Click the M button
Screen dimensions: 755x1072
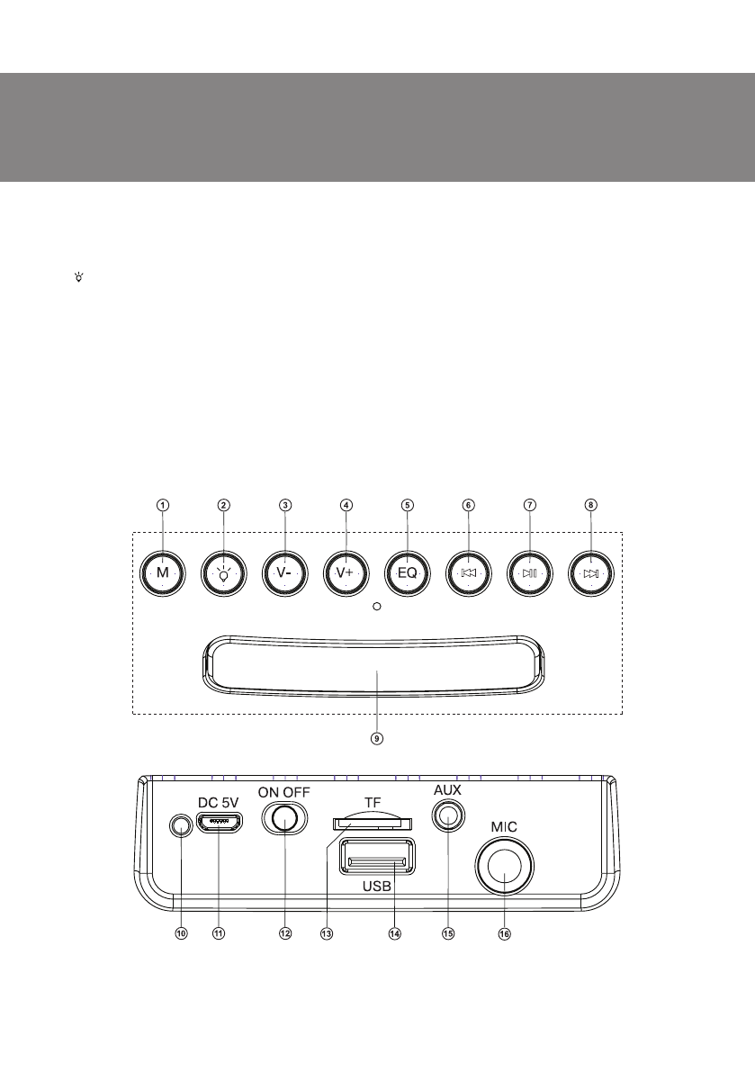[x=162, y=572]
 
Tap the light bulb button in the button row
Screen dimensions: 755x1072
[x=223, y=572]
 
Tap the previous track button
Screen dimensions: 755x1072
[x=469, y=572]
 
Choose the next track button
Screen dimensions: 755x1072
[x=590, y=572]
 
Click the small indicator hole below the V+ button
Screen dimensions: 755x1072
[x=378, y=607]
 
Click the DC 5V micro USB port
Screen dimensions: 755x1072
[x=219, y=823]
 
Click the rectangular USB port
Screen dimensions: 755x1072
[x=377, y=857]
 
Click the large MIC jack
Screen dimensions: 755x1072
[x=504, y=868]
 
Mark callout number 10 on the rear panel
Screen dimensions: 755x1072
[x=181, y=934]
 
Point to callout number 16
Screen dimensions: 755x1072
[x=504, y=934]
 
